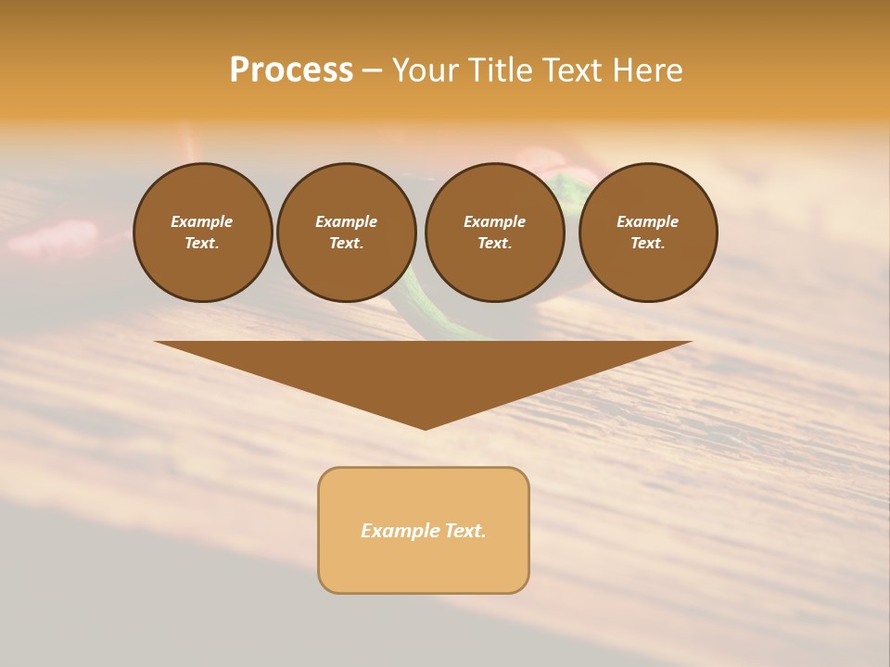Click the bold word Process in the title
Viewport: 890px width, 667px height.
(291, 70)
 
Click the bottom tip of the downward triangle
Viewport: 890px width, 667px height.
(425, 427)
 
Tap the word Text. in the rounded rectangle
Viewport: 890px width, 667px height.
(464, 531)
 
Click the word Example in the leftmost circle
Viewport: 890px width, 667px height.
(202, 221)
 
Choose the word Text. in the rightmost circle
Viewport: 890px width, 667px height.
(648, 243)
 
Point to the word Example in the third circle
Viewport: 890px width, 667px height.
(494, 221)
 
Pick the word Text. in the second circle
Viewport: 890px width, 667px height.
(346, 243)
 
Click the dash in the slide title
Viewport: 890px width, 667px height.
(373, 70)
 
